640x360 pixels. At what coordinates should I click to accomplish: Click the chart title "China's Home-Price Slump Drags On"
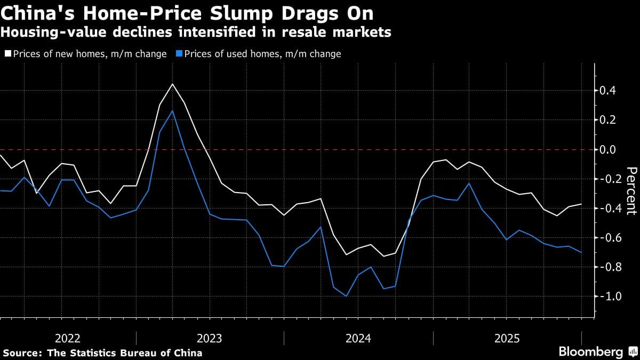click(187, 13)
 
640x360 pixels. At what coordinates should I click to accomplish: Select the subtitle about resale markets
click(196, 33)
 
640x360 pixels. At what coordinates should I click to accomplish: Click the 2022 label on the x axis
click(68, 339)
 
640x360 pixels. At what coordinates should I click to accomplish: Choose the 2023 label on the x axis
click(210, 339)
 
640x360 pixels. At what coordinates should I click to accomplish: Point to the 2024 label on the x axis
click(358, 339)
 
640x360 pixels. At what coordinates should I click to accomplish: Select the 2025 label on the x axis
click(507, 339)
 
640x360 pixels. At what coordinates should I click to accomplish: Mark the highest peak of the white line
click(172, 84)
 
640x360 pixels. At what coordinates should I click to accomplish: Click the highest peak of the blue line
click(172, 111)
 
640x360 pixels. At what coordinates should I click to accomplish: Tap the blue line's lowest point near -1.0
click(347, 296)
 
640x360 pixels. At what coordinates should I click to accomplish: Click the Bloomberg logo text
click(590, 352)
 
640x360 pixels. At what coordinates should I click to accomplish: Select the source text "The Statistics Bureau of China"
click(125, 353)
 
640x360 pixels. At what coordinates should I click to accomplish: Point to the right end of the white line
click(581, 204)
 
